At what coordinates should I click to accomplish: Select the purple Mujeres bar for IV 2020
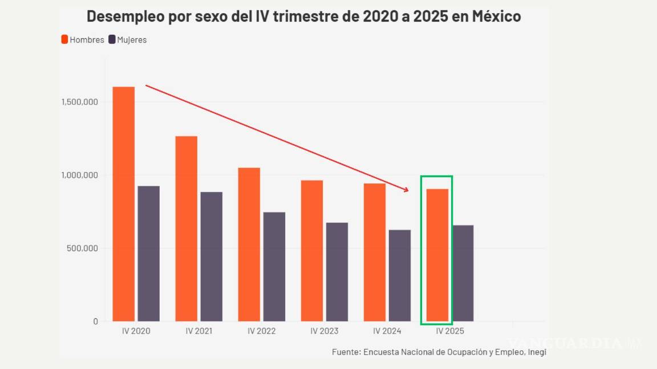[149, 253]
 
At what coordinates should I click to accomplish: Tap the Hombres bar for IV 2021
[186, 228]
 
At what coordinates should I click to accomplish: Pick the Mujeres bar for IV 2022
[274, 266]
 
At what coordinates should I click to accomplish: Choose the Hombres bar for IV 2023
[312, 251]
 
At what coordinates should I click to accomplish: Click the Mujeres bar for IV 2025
[463, 273]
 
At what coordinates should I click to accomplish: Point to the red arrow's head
[407, 190]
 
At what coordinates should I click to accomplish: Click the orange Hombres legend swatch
[64, 39]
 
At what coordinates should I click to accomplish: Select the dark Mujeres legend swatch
[112, 39]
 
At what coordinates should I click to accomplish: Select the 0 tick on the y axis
[95, 322]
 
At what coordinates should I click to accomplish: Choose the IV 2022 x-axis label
[262, 331]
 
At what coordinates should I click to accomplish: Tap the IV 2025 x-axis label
[450, 331]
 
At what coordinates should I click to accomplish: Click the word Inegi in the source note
[536, 352]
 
